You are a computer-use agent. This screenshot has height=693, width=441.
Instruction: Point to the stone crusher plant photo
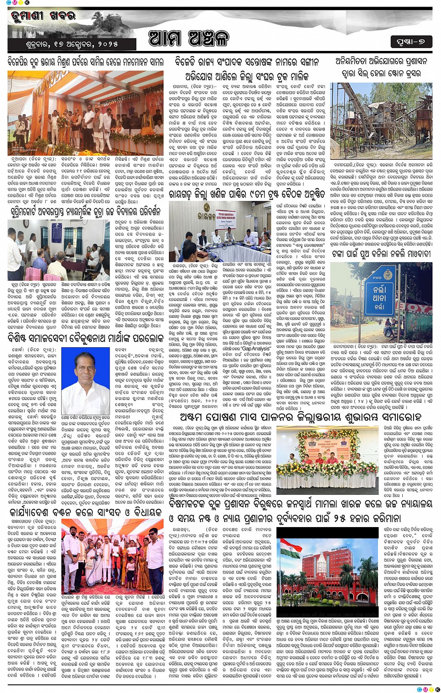click(x=382, y=114)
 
